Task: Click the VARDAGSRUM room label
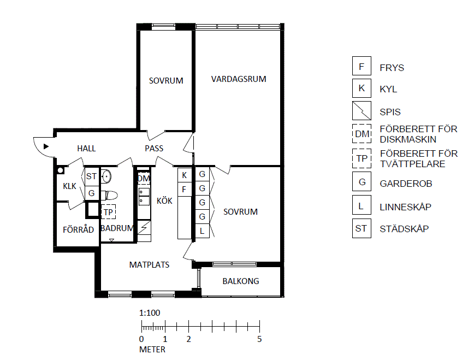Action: point(239,79)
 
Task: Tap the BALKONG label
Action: point(241,281)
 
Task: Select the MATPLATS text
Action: point(149,265)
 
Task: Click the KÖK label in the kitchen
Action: point(164,200)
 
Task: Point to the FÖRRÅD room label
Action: point(78,229)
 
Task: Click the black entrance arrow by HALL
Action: point(46,146)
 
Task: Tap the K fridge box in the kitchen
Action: point(185,175)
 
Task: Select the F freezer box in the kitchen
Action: point(185,190)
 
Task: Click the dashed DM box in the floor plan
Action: point(144,179)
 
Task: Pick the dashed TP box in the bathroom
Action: point(108,212)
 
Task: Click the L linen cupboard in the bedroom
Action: point(202,231)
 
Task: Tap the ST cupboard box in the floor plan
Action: point(92,176)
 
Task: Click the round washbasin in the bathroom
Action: point(106,176)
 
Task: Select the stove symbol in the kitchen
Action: point(144,227)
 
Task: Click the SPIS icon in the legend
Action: point(362,111)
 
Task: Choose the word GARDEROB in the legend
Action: point(406,184)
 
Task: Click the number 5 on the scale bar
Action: point(259,339)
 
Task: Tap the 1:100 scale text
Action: point(150,313)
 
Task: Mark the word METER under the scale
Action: point(152,350)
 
